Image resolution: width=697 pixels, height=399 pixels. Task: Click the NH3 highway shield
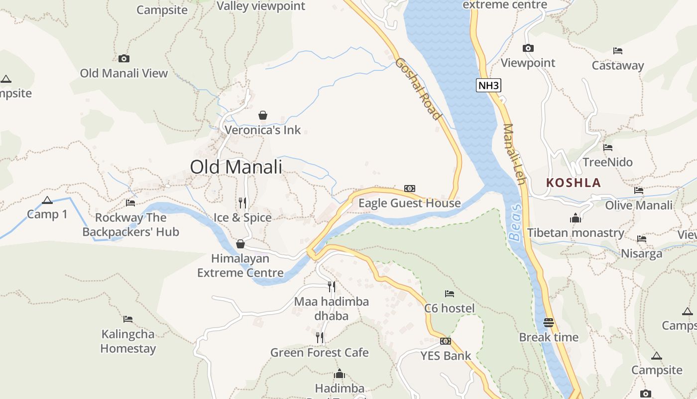pos(488,85)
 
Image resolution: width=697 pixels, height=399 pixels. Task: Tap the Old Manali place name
pos(236,167)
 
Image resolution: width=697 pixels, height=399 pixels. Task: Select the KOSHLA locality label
pos(574,183)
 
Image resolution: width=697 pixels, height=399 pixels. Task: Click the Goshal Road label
pos(419,89)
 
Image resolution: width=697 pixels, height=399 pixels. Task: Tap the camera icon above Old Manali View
pos(124,59)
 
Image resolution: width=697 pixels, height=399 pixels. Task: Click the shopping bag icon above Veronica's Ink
pos(263,115)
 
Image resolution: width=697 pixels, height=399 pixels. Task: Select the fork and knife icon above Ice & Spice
pos(242,202)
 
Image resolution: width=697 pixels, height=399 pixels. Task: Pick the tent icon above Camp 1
pos(47,200)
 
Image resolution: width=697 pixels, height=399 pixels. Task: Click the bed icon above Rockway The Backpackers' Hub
pos(130,202)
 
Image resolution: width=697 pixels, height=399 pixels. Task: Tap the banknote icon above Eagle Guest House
pos(410,188)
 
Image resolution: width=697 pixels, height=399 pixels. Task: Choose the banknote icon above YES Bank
pos(446,341)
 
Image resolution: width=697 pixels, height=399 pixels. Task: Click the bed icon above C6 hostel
pos(450,293)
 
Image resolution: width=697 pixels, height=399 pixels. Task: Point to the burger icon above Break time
pos(549,323)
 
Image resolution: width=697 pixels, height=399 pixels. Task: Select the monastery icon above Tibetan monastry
pos(576,218)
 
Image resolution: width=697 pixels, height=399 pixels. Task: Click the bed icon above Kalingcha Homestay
pos(128,319)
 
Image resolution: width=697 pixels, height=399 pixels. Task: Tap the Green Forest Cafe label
pos(320,353)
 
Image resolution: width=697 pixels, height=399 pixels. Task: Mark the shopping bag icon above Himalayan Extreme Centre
pos(240,244)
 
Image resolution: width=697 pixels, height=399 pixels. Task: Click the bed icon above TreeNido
pos(607,148)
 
